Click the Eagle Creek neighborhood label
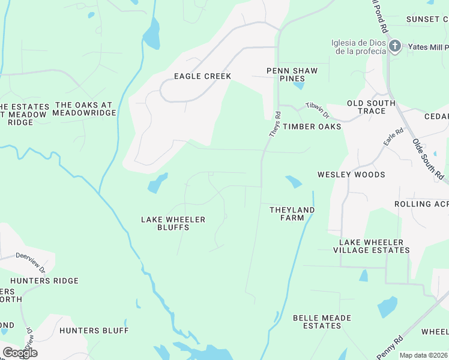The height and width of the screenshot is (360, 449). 202,76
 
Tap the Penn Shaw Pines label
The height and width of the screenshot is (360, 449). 292,75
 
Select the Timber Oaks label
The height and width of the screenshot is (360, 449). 312,127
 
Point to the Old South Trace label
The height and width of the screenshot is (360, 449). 372,107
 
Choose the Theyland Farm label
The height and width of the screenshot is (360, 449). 292,214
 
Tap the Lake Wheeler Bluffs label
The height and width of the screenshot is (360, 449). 173,223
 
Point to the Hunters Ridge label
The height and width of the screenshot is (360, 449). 44,281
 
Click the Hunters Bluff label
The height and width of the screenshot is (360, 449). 94,331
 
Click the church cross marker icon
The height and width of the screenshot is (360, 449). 395,46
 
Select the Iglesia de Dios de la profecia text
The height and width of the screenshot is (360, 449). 358,47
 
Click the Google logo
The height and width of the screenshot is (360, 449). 20,353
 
